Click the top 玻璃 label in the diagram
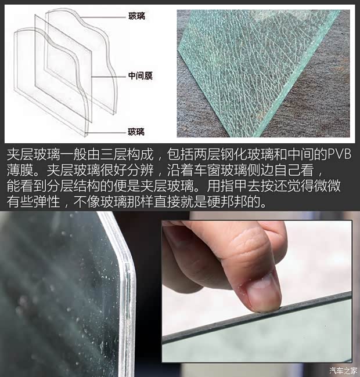tap(137, 17)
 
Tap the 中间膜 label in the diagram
tap(140, 75)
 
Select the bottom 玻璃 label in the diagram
tap(137, 132)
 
